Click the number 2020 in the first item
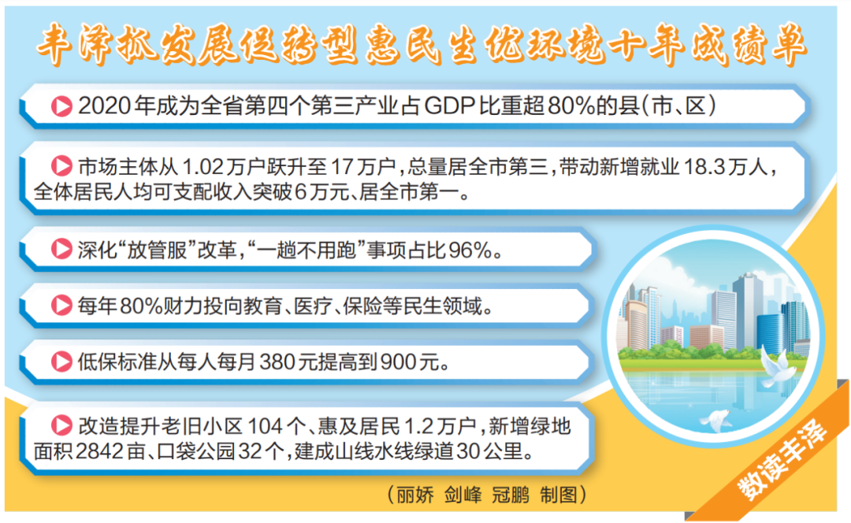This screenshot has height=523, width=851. tap(105, 106)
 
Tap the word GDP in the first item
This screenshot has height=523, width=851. tap(449, 106)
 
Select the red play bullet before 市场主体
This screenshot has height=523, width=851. tap(61, 166)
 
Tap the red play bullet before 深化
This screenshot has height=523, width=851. tap(61, 249)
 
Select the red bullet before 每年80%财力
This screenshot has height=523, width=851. tap(61, 306)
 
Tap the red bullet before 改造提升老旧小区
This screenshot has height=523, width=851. tap(61, 425)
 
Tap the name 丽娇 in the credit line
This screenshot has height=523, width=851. tap(415, 495)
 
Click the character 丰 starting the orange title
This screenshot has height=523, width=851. tap(55, 44)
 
